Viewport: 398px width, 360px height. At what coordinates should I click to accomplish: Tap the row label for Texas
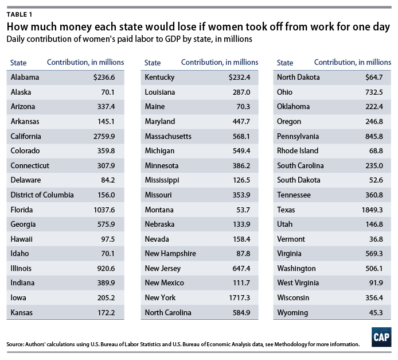coord(287,210)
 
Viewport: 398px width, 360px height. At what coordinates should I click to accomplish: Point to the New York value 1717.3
coord(239,298)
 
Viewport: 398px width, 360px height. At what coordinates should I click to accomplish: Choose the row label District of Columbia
coord(42,195)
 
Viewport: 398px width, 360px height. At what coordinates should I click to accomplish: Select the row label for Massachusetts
coord(168,136)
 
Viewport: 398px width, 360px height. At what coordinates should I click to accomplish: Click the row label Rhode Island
coord(298,151)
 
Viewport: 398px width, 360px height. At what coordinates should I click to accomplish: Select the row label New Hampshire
coord(170,254)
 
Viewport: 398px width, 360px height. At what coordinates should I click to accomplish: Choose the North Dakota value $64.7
coord(373,78)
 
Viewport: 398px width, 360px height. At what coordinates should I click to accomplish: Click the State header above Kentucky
coord(153,62)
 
